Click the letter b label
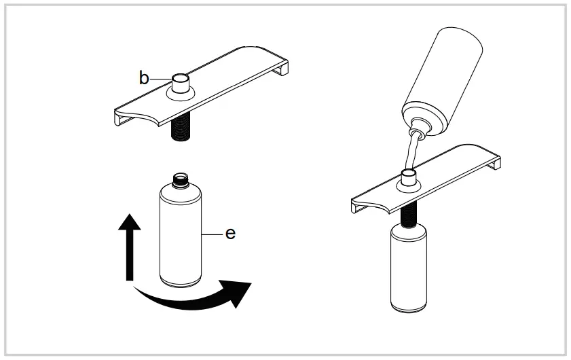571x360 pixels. coord(144,77)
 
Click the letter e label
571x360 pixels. coord(230,233)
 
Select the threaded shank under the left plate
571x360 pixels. coord(180,127)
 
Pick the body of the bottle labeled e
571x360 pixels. coord(180,234)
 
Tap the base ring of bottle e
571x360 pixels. coord(180,279)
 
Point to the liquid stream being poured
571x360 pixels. coord(409,153)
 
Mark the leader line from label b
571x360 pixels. coord(159,78)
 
